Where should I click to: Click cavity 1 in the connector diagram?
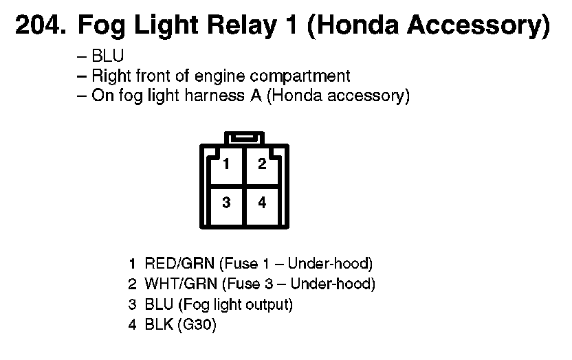tap(226, 165)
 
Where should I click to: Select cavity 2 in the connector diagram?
tap(262, 165)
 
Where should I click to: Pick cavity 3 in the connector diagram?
tap(226, 203)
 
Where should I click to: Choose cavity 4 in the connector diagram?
tap(262, 203)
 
